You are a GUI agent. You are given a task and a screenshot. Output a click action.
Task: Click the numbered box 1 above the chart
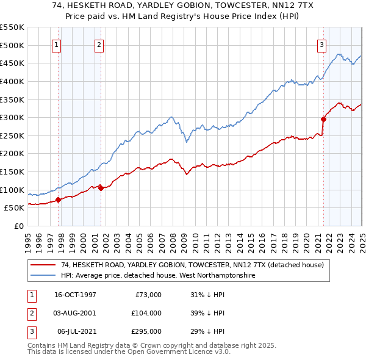point(56,43)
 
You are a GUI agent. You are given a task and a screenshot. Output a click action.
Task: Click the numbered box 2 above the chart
point(99,43)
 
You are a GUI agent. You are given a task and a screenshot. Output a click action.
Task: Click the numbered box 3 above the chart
point(321,43)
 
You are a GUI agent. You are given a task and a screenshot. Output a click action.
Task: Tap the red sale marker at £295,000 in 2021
point(323,119)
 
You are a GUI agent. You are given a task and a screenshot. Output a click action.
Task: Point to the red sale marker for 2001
point(101,188)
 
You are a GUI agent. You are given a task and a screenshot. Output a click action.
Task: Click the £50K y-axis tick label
point(13,208)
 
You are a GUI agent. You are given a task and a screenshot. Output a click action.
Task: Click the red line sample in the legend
point(44,265)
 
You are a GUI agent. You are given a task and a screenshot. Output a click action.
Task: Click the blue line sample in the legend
point(44,276)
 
